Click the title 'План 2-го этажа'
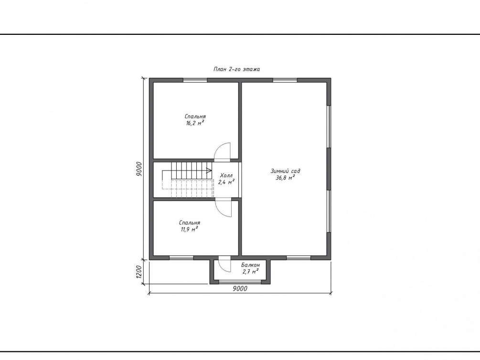[x=236, y=69]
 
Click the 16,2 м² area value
[x=195, y=123]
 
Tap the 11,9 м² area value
[x=189, y=229]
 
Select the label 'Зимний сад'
[x=285, y=171]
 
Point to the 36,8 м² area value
[x=285, y=178]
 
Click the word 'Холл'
[x=226, y=175]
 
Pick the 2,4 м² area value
[x=226, y=182]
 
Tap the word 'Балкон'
[x=250, y=265]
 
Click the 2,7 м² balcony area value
[x=250, y=272]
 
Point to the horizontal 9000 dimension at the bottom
[x=240, y=289]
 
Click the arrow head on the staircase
[x=209, y=170]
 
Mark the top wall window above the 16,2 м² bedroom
[x=195, y=81]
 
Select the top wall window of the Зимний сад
[x=285, y=81]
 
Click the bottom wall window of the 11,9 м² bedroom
[x=181, y=258]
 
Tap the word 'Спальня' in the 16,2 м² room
[x=195, y=116]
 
